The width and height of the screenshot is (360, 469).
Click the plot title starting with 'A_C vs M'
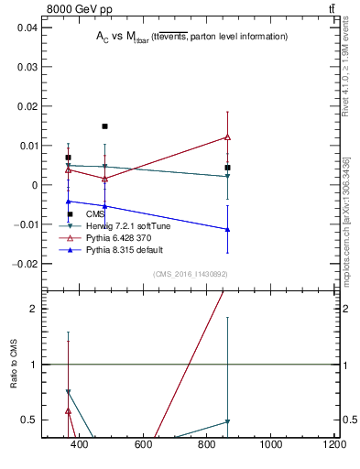(x=191, y=37)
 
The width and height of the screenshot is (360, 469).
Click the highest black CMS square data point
(x=104, y=126)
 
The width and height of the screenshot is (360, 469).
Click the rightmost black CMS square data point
(x=227, y=168)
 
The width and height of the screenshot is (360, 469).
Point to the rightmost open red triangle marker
(x=227, y=137)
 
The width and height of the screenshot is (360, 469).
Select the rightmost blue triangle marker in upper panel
(x=227, y=229)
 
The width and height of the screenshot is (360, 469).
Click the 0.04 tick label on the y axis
(x=27, y=27)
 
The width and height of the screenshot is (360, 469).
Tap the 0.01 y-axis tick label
(x=27, y=146)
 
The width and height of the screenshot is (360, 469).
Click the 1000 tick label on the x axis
(x=270, y=446)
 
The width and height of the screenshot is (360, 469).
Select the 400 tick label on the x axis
(x=79, y=446)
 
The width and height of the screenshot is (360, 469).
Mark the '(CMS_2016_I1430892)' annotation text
(x=189, y=273)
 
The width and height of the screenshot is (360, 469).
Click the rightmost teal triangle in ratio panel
(x=227, y=421)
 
